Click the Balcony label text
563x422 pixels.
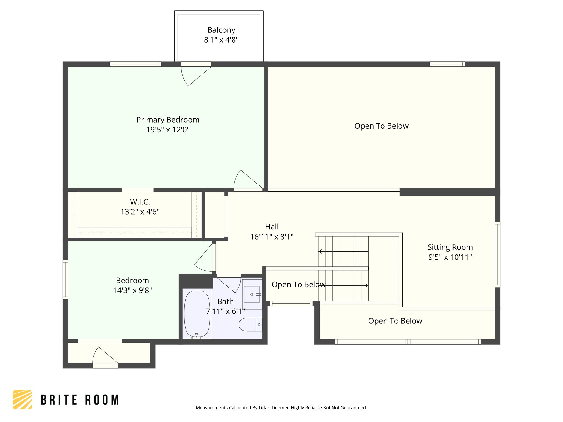click(x=221, y=30)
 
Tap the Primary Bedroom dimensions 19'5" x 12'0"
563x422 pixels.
click(x=168, y=130)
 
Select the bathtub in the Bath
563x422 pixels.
click(x=197, y=314)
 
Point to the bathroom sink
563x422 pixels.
click(x=252, y=294)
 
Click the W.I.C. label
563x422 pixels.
click(x=140, y=202)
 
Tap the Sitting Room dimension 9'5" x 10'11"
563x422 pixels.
click(x=450, y=257)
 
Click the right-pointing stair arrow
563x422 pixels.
click(x=366, y=286)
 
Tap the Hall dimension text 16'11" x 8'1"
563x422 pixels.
click(x=272, y=237)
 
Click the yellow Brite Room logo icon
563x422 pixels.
click(x=23, y=399)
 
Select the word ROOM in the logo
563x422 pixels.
click(x=102, y=400)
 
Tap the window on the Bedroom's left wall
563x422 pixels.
click(x=65, y=279)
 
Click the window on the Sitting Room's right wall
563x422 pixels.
click(x=497, y=255)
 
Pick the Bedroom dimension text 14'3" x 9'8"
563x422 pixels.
click(x=133, y=290)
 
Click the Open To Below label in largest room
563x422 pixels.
click(x=381, y=126)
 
